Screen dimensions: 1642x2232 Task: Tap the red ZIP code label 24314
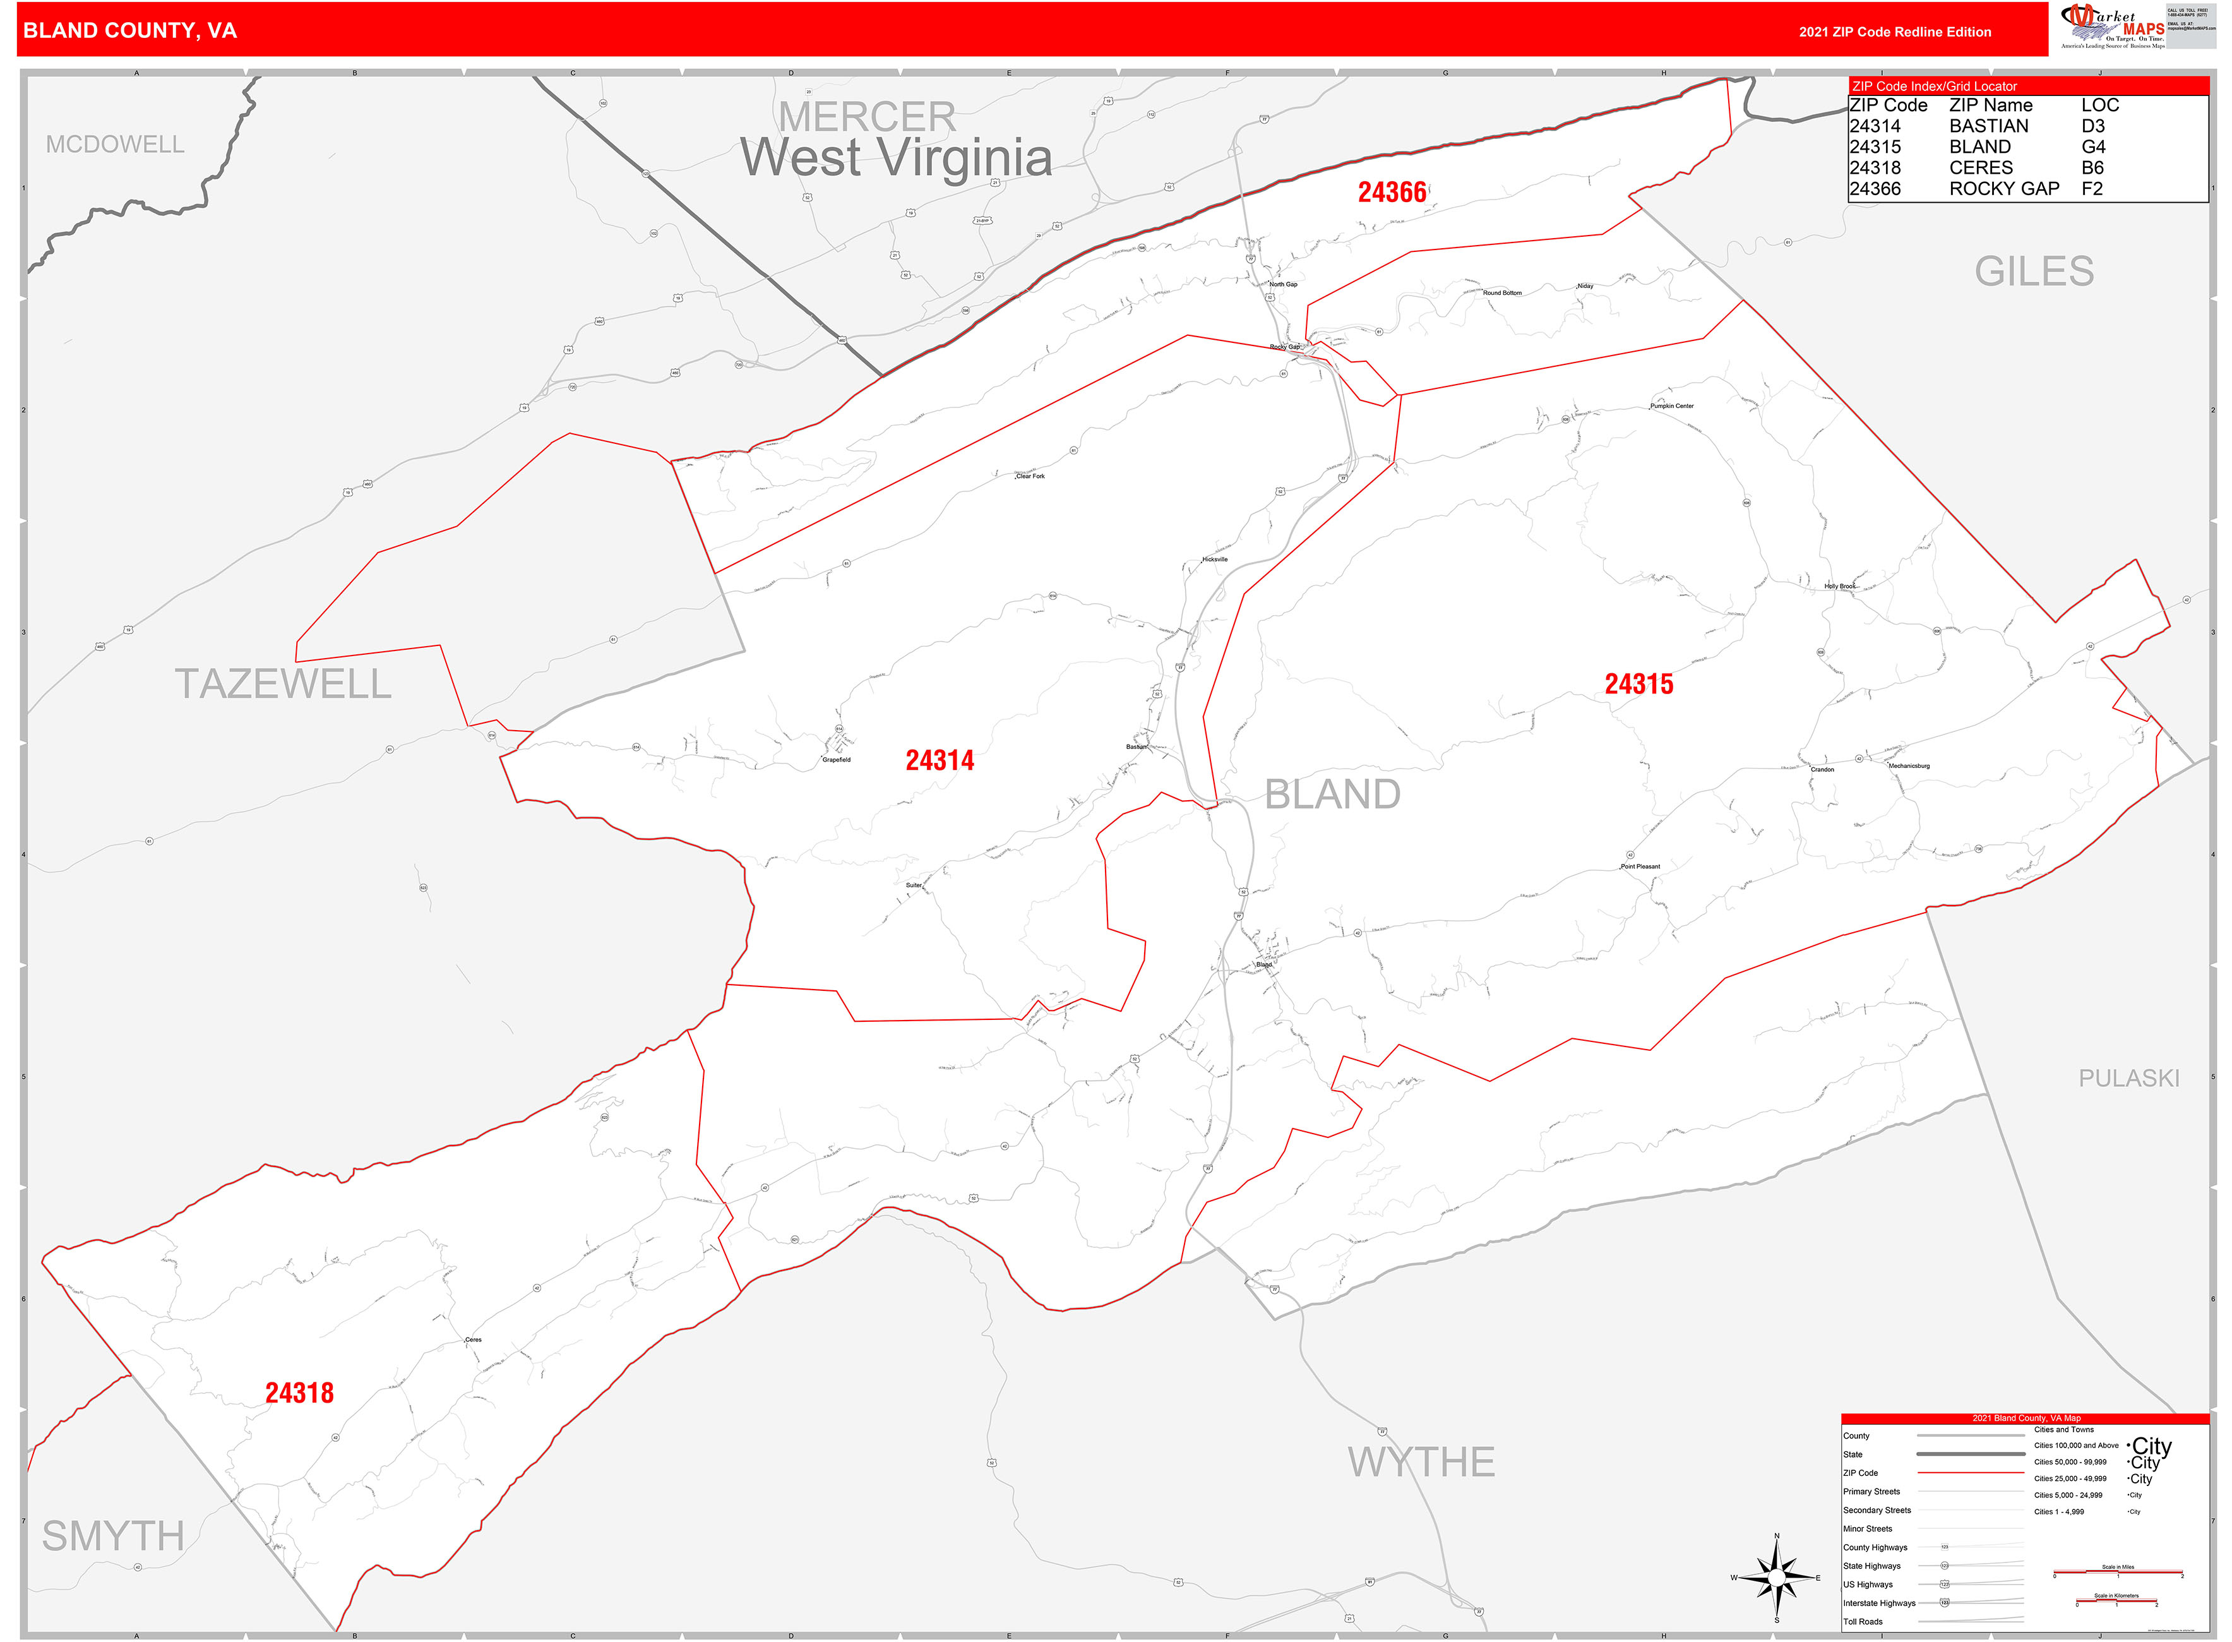[939, 760]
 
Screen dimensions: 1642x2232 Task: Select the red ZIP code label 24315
[1638, 684]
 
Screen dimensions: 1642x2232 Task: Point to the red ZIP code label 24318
[299, 1393]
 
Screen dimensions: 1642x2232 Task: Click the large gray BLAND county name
[1332, 794]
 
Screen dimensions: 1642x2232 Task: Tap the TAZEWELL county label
[283, 684]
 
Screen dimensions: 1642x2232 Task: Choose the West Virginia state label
[897, 157]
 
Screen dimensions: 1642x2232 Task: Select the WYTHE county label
[1421, 1462]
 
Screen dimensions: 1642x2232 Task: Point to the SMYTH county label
[113, 1536]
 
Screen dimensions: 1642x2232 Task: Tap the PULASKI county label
[2128, 1079]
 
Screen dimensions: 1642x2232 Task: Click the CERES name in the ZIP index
[1981, 168]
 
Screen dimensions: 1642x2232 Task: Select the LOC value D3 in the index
[2093, 126]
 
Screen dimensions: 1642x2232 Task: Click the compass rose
[1777, 1578]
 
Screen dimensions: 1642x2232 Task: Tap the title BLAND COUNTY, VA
[130, 31]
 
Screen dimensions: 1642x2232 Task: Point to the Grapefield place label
[836, 759]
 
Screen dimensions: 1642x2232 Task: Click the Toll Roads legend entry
[1863, 1621]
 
